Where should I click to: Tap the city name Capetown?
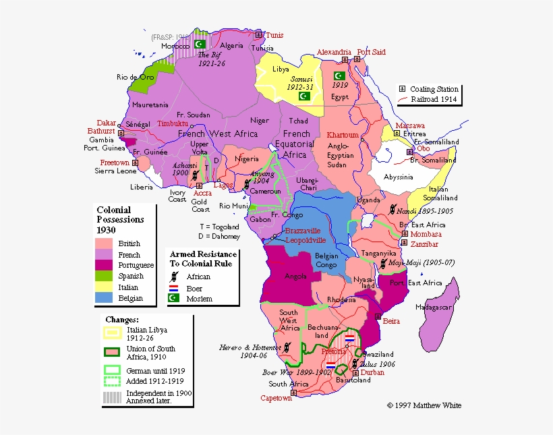tap(276, 399)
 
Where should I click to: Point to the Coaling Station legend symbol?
tap(402, 89)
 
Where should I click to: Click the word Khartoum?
tap(343, 135)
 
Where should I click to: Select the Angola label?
tap(297, 276)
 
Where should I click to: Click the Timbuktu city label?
tap(173, 123)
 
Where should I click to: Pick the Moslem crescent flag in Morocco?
tap(200, 44)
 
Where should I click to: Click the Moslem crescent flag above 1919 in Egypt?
tap(339, 76)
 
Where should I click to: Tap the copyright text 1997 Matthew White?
tap(424, 405)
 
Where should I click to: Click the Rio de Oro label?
tap(132, 77)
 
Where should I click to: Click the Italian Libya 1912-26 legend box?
tap(112, 331)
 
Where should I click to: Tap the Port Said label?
tap(372, 52)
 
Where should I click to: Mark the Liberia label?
tap(142, 187)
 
